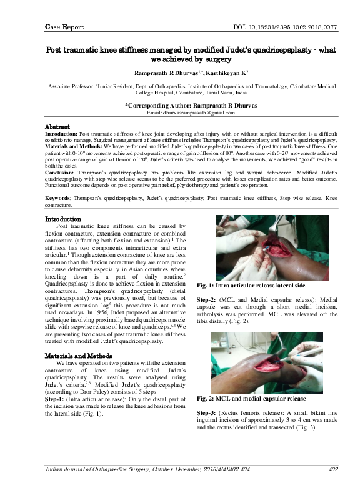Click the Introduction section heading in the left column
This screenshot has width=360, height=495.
point(63,219)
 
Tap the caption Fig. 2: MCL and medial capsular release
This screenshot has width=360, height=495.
point(251,397)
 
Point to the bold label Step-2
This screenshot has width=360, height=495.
point(207,299)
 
